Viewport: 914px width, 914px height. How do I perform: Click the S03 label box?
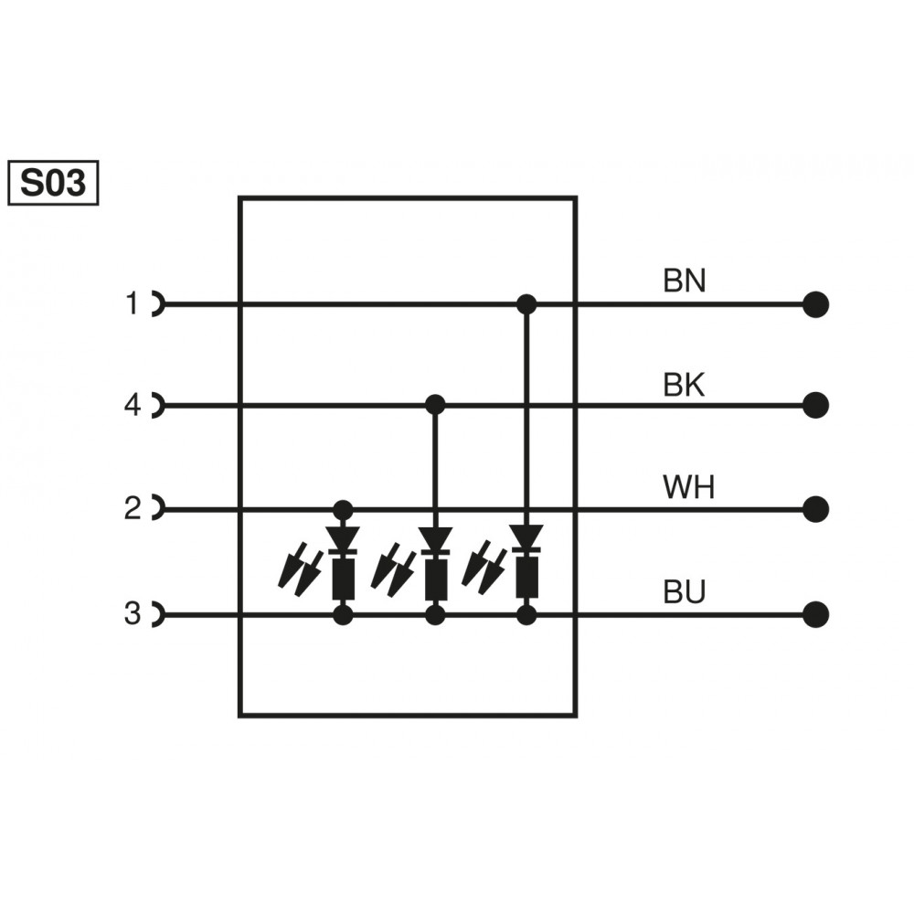pyautogui.click(x=53, y=184)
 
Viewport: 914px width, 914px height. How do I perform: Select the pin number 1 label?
pyautogui.click(x=133, y=303)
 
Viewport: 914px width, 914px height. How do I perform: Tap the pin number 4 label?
pyautogui.click(x=133, y=405)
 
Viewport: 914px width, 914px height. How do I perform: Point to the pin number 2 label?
pyautogui.click(x=133, y=508)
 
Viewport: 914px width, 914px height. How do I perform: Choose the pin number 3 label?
pyautogui.click(x=133, y=614)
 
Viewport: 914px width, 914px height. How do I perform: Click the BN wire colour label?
pyautogui.click(x=685, y=281)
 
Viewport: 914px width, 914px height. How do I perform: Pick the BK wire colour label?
pyautogui.click(x=685, y=386)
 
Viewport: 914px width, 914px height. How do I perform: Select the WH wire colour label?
pyautogui.click(x=689, y=488)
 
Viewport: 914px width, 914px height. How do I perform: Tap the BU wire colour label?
pyautogui.click(x=685, y=594)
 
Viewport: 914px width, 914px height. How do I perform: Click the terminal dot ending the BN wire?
pyautogui.click(x=815, y=304)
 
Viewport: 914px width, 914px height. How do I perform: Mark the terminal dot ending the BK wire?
pyautogui.click(x=815, y=404)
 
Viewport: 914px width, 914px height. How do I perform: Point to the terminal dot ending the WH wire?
pyautogui.click(x=815, y=508)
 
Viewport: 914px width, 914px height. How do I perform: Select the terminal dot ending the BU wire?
pyautogui.click(x=815, y=614)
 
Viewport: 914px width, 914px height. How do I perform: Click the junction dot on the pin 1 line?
pyautogui.click(x=526, y=304)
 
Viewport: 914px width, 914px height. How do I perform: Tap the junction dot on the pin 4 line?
pyautogui.click(x=436, y=404)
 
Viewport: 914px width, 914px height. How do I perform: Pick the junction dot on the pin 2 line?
pyautogui.click(x=344, y=509)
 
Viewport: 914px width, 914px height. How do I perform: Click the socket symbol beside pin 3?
pyautogui.click(x=157, y=615)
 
